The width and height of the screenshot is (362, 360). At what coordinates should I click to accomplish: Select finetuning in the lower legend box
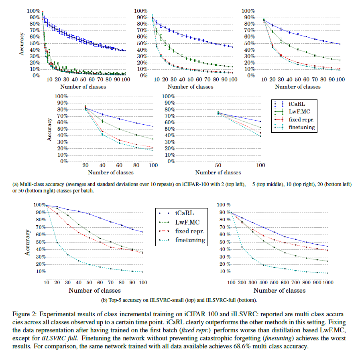click(190, 240)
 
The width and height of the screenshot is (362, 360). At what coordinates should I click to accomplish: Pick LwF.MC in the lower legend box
click(187, 221)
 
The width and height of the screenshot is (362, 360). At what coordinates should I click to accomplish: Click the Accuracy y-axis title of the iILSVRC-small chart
click(27, 239)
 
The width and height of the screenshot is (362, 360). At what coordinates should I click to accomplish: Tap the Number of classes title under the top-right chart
click(294, 87)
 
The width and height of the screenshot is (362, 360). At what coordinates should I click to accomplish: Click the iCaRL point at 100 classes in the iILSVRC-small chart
click(143, 232)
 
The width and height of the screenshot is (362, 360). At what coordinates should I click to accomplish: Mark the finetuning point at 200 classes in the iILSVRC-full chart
click(242, 247)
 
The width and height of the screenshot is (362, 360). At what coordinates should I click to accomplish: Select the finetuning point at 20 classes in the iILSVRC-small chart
click(57, 242)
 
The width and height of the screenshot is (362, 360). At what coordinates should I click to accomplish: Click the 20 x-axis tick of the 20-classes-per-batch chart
click(85, 165)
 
